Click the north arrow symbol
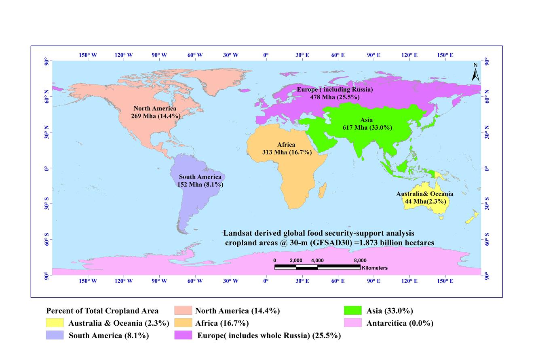point(476,73)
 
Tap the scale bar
point(317,267)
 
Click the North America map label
point(155,112)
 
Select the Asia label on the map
point(367,124)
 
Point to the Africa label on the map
point(287,148)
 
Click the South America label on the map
point(200,181)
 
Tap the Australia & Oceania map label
point(424,198)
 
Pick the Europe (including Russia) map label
point(335,93)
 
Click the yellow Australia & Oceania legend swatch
point(55,323)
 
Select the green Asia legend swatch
point(352,310)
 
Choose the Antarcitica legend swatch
point(352,323)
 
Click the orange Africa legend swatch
point(183,323)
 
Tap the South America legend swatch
point(55,335)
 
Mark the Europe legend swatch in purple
point(183,335)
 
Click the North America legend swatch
point(183,310)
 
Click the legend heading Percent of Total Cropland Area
point(102,311)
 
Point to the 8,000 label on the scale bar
point(360,261)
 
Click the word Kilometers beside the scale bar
point(375,268)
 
